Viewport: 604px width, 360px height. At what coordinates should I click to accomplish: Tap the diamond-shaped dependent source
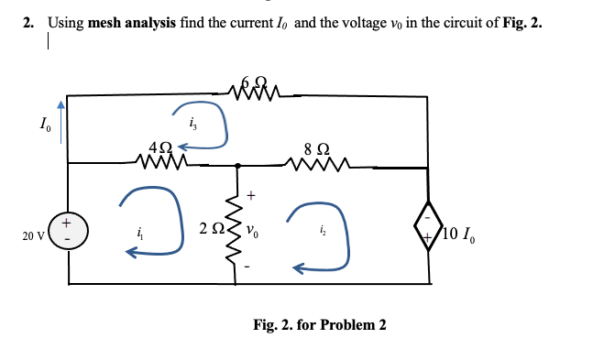pyautogui.click(x=427, y=231)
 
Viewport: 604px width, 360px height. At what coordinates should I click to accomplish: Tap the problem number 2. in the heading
pyautogui.click(x=28, y=24)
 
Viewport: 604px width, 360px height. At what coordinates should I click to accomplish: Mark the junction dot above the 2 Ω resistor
pyautogui.click(x=238, y=166)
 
